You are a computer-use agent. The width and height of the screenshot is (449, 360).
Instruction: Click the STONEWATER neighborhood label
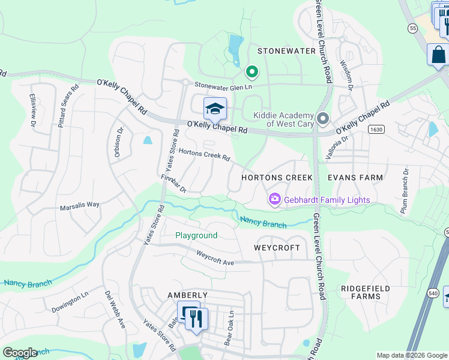coord(286,51)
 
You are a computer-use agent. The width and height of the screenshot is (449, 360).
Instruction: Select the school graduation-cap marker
coord(215,109)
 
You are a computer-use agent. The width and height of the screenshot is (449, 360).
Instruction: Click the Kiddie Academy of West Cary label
coord(284,119)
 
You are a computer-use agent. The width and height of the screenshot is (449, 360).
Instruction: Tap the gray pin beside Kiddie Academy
coord(323,119)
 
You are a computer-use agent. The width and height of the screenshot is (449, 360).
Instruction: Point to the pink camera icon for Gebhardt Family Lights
coord(275,199)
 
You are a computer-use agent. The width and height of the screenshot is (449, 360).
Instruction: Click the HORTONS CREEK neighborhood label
coord(276,178)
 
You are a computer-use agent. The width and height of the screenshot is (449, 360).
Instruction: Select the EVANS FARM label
coord(355,178)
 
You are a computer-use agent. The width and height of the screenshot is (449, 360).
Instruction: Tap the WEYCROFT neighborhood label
coord(276,247)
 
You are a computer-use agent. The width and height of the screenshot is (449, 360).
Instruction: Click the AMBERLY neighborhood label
coord(187,295)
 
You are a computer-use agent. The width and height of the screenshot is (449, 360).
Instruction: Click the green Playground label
coord(196,236)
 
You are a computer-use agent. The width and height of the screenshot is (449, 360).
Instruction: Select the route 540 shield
coord(447,296)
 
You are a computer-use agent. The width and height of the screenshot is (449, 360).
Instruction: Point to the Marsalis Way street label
coord(79,205)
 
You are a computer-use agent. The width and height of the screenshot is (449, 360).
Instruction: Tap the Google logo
coord(20,353)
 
